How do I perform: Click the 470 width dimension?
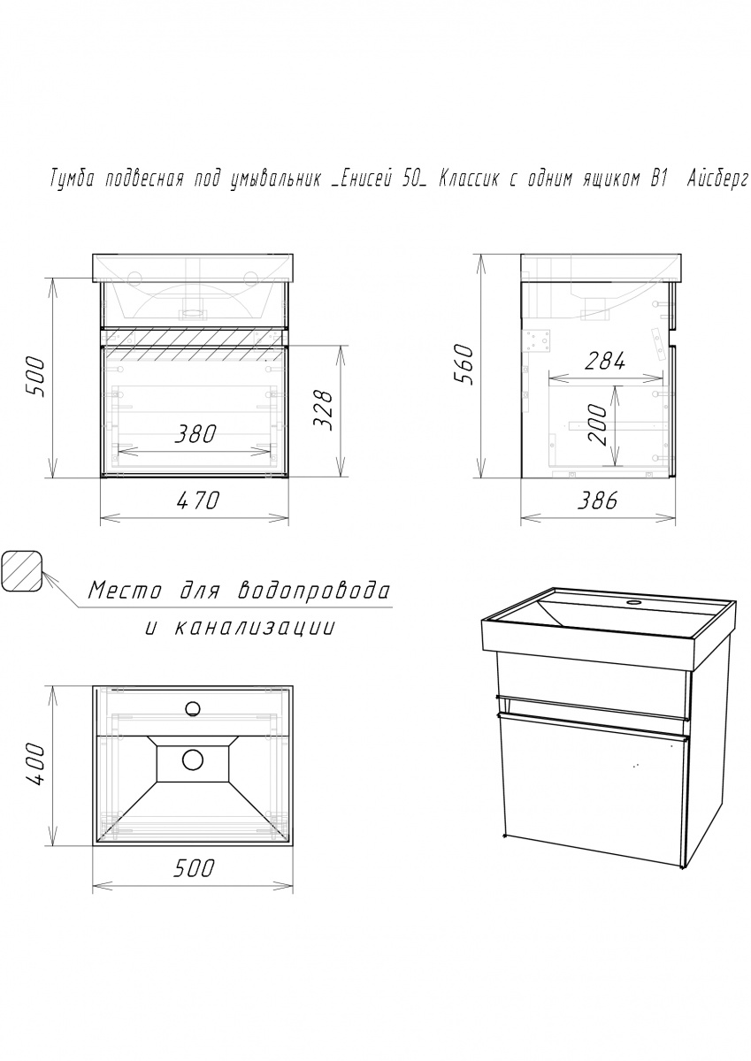pos(197,501)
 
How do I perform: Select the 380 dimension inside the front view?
pos(195,434)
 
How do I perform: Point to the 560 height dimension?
pos(464,365)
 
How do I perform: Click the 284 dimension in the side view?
pos(604,363)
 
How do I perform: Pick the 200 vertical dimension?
pos(597,425)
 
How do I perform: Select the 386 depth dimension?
pos(597,501)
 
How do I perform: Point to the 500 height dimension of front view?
pos(35,378)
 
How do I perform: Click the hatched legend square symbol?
pos(22,571)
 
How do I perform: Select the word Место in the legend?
pos(125,592)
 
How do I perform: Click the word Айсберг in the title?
pos(714,181)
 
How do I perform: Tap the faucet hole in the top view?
pos(192,708)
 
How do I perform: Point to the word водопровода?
pos(313,592)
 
